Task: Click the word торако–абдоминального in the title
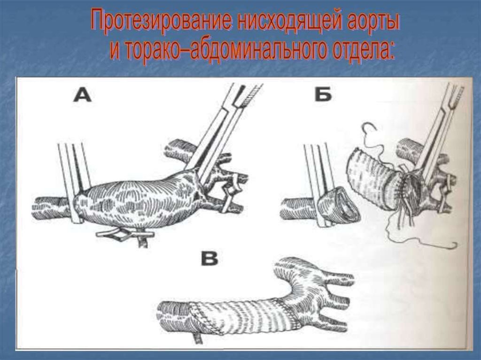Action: (x=217, y=49)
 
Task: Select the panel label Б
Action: (x=323, y=94)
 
